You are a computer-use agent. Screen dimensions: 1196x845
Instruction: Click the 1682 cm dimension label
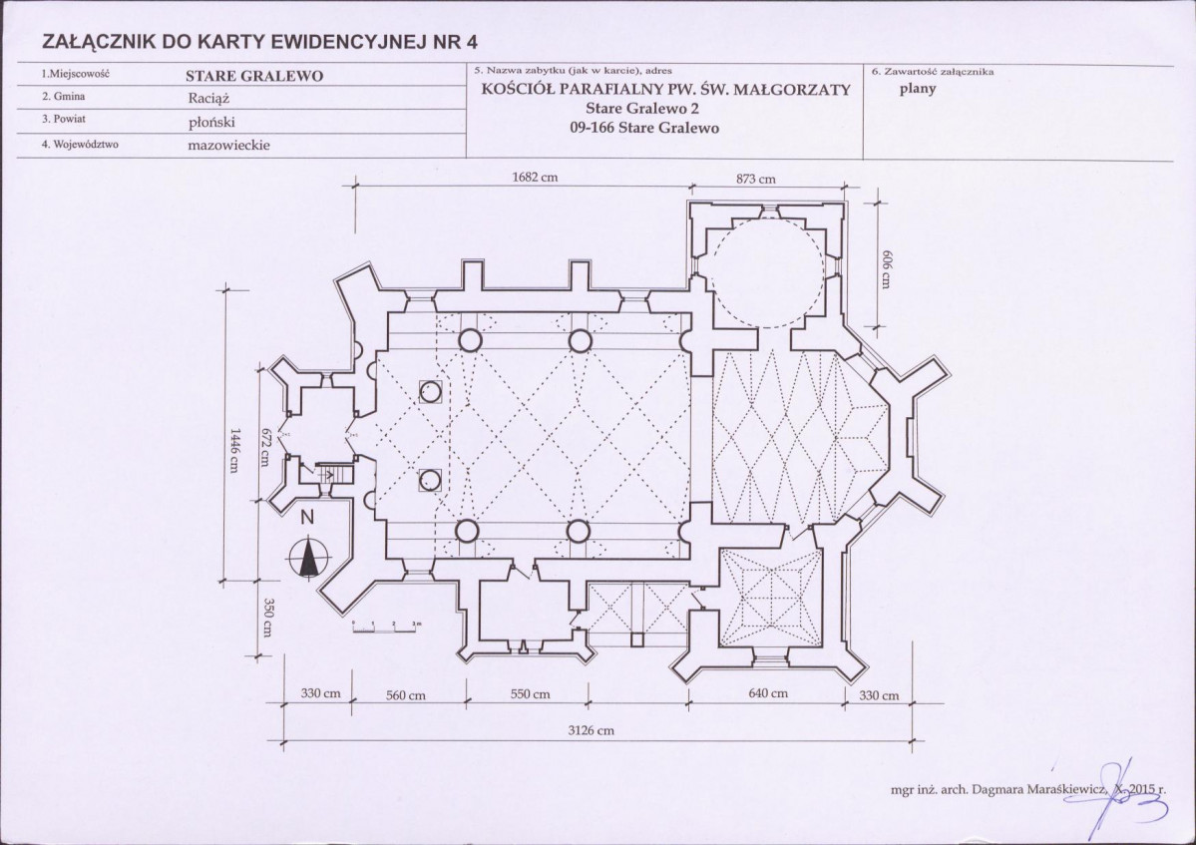[535, 177]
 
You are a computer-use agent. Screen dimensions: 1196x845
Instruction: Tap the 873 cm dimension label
[756, 179]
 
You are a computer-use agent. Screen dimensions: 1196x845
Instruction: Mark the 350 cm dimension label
[268, 617]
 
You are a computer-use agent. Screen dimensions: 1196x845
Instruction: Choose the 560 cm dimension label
[406, 695]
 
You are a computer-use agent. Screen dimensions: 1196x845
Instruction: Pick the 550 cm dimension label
[530, 694]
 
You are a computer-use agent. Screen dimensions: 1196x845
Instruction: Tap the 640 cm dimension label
[768, 693]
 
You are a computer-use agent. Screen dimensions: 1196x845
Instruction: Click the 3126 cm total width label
[592, 730]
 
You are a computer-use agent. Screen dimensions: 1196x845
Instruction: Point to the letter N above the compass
[306, 518]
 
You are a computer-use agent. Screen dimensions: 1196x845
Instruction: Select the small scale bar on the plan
[385, 627]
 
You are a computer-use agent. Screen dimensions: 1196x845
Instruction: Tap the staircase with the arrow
[335, 474]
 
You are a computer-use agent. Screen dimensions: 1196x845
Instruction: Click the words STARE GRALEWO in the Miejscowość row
[254, 76]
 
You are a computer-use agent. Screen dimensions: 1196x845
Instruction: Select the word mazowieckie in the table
[228, 145]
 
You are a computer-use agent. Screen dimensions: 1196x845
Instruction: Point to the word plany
[918, 89]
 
